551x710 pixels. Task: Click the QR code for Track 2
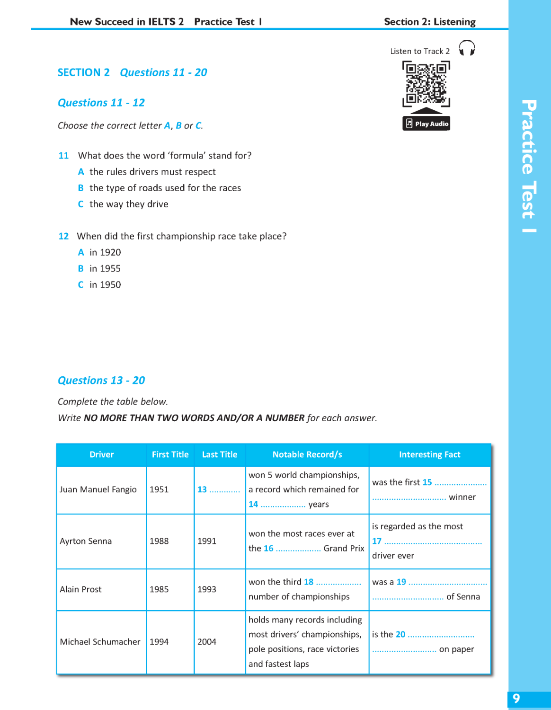click(426, 83)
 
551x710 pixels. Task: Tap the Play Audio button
click(426, 124)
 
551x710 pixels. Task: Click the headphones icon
click(467, 48)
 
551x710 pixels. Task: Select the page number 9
click(516, 699)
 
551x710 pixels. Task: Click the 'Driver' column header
click(101, 454)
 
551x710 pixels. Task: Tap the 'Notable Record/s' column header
click(307, 454)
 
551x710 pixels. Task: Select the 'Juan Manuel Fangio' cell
click(98, 489)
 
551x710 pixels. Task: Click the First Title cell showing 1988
click(159, 541)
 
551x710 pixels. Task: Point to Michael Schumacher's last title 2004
click(207, 642)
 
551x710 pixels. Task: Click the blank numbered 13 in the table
click(218, 489)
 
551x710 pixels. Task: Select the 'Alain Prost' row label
click(80, 589)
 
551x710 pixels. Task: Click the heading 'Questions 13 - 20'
click(101, 381)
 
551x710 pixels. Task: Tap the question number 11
click(63, 156)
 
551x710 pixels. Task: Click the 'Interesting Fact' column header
click(429, 454)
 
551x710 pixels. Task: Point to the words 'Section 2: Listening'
click(429, 22)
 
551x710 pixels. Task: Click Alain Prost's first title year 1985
click(159, 589)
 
